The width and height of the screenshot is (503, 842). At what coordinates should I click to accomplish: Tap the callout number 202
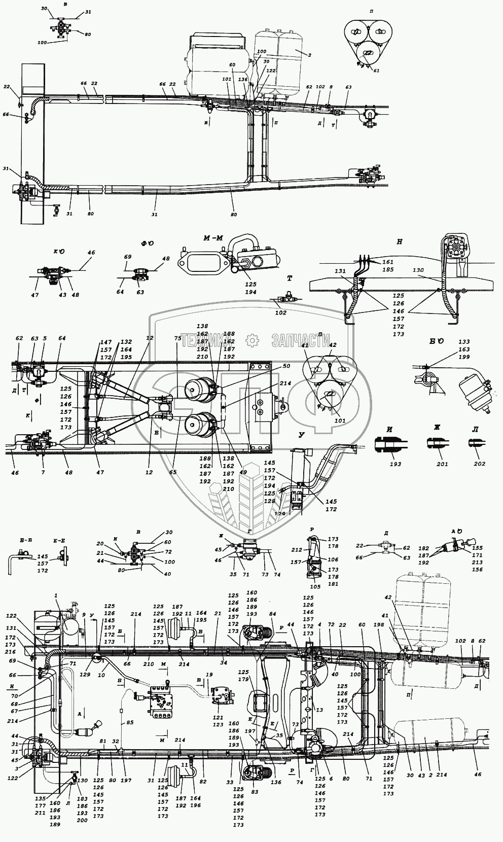tap(479, 464)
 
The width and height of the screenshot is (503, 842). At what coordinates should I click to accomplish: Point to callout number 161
tap(388, 262)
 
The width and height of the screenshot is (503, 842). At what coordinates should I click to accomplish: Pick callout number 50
tap(286, 366)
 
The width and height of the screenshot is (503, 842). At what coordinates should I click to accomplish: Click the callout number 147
tap(105, 342)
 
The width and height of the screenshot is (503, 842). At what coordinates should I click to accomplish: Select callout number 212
tap(297, 550)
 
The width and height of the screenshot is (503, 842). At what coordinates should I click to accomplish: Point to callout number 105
tap(315, 587)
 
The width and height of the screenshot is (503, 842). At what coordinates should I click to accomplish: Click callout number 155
tap(478, 548)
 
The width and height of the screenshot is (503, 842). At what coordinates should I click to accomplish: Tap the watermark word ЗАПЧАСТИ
tap(301, 340)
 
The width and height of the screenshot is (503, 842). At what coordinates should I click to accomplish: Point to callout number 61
tap(376, 71)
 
